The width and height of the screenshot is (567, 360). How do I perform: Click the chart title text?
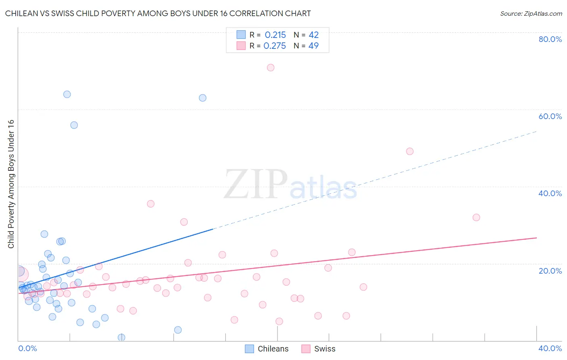pyautogui.click(x=158, y=13)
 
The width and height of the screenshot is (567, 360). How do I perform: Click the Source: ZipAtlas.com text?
pyautogui.click(x=531, y=13)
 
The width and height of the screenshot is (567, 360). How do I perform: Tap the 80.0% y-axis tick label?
pyautogui.click(x=550, y=39)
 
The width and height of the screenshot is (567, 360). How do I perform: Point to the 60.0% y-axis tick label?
pyautogui.click(x=550, y=116)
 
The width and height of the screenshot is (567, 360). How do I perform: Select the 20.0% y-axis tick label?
pyautogui.click(x=550, y=271)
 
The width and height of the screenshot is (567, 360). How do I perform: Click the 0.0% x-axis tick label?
pyautogui.click(x=27, y=348)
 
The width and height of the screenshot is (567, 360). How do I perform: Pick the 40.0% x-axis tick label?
pyautogui.click(x=550, y=348)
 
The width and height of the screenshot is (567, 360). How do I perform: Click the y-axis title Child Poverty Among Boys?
pyautogui.click(x=11, y=184)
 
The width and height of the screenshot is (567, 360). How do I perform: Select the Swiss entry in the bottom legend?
pyautogui.click(x=319, y=349)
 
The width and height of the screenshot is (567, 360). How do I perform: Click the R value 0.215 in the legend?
pyautogui.click(x=275, y=35)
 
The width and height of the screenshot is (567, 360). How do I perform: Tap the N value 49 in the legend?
pyautogui.click(x=313, y=46)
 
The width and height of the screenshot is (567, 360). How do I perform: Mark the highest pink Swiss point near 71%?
pyautogui.click(x=271, y=67)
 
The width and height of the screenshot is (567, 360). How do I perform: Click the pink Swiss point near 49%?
pyautogui.click(x=410, y=151)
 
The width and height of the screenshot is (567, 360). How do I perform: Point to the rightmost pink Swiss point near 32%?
pyautogui.click(x=476, y=218)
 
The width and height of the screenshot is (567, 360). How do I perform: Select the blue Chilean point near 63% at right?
pyautogui.click(x=203, y=98)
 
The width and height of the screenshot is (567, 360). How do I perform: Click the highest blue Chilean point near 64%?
pyautogui.click(x=67, y=94)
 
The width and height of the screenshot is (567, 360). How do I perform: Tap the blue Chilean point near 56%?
pyautogui.click(x=74, y=125)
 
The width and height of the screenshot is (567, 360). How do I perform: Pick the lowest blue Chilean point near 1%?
pyautogui.click(x=121, y=337)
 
